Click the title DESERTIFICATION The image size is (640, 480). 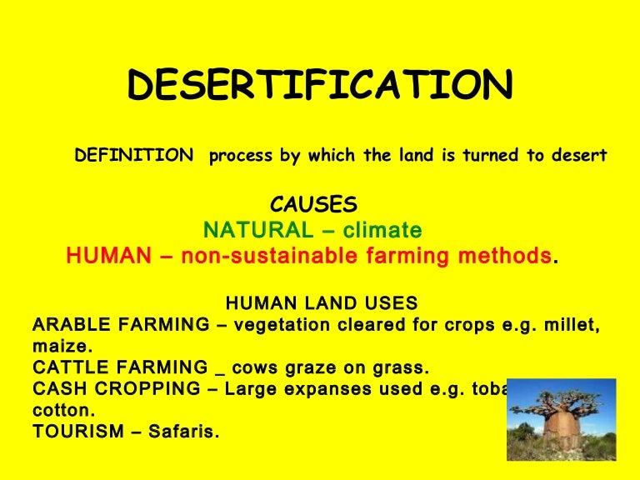pyautogui.click(x=320, y=87)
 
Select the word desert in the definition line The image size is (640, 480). pyautogui.click(x=578, y=156)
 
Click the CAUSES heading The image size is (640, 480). pyautogui.click(x=314, y=205)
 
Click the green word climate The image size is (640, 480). pyautogui.click(x=383, y=230)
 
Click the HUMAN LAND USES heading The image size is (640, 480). pyautogui.click(x=322, y=302)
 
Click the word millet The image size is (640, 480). pyautogui.click(x=567, y=324)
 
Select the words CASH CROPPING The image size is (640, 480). pyautogui.click(x=116, y=389)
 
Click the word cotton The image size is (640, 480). pyautogui.click(x=62, y=411)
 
